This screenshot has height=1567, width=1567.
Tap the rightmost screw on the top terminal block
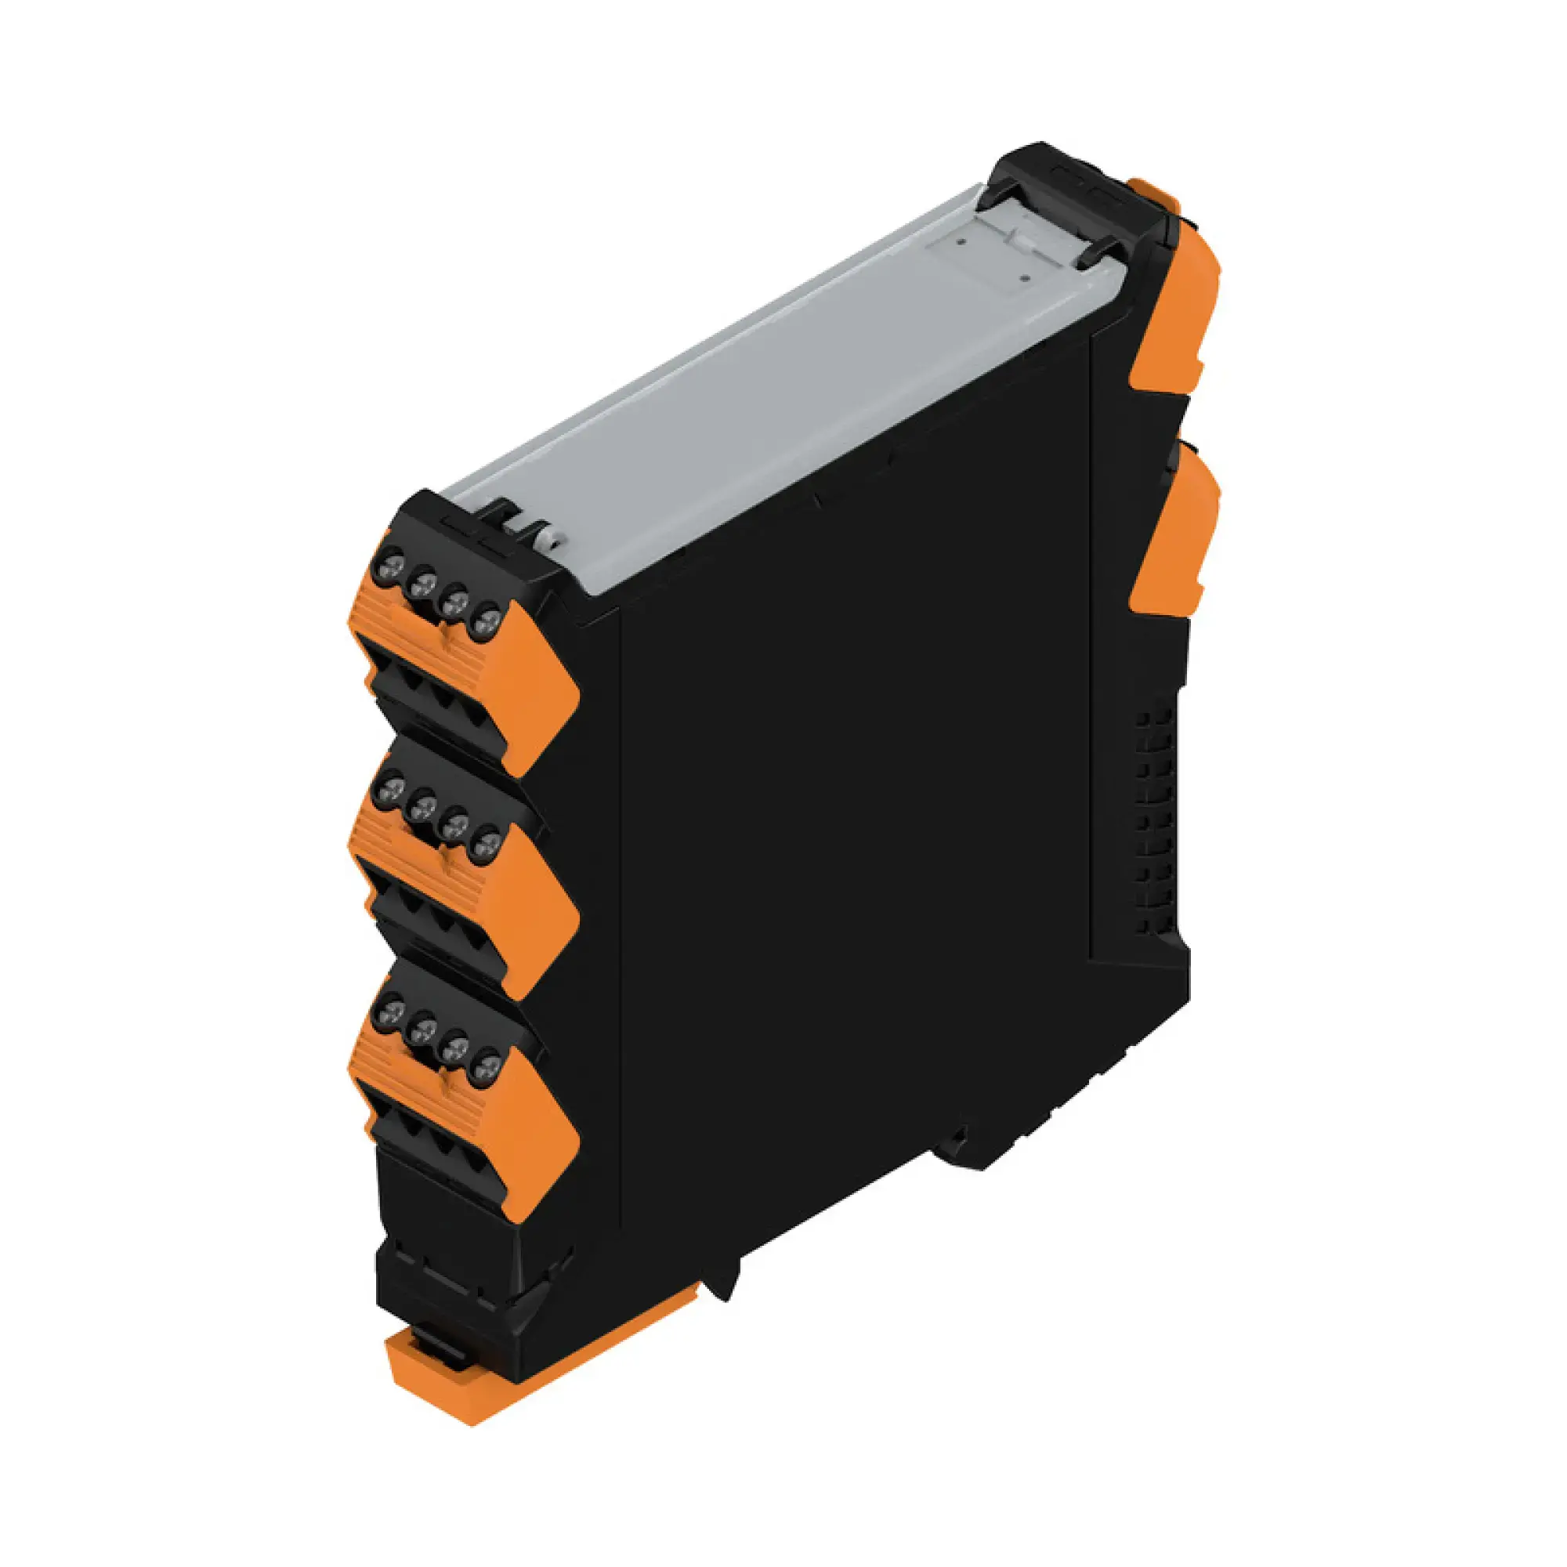486,622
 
